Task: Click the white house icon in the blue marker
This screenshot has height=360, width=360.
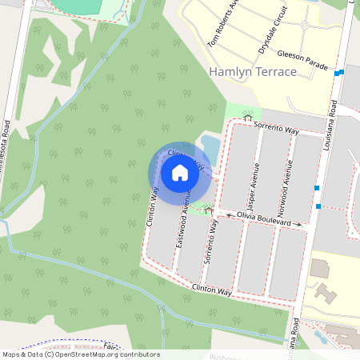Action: (180, 172)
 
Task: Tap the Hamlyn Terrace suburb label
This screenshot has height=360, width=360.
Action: (252, 72)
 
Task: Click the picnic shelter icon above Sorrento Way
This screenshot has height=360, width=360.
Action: (247, 118)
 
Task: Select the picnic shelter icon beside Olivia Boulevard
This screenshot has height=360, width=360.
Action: (208, 210)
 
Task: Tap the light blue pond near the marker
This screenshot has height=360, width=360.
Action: (210, 147)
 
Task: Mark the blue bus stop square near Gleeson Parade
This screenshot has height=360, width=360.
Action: (341, 72)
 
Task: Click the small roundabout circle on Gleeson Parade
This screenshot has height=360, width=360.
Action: (304, 26)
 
